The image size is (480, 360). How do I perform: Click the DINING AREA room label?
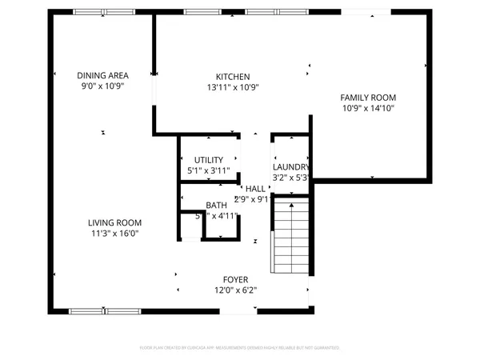[103, 75]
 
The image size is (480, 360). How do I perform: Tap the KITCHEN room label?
[233, 77]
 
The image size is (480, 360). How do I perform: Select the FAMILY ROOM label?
[369, 97]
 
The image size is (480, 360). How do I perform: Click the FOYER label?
[235, 280]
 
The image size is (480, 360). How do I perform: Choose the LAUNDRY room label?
[289, 166]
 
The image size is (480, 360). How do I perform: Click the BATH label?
[216, 206]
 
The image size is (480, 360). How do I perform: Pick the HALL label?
[256, 189]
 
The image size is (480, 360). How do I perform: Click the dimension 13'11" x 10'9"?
[233, 87]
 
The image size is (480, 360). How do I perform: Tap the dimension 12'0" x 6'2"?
[235, 290]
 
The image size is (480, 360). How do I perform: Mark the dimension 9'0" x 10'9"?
[103, 86]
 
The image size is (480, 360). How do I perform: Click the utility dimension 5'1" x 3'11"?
[208, 170]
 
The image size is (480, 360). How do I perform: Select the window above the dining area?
[103, 12]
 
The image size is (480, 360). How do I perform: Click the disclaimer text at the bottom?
[240, 348]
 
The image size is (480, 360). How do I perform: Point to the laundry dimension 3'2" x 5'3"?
[290, 177]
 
